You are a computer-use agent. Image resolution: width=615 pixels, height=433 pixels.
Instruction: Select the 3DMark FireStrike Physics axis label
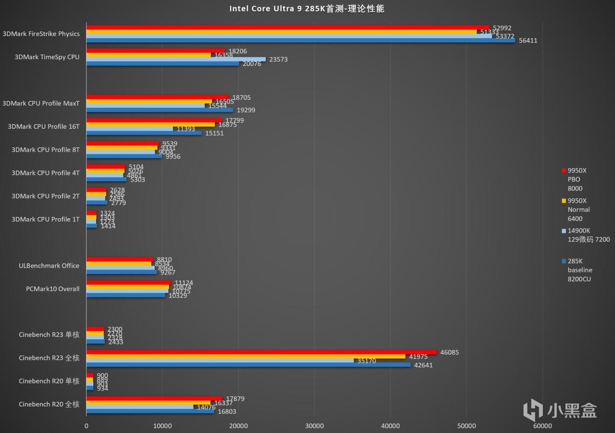pos(41,34)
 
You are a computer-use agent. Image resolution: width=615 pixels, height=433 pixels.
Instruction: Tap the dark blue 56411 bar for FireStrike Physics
pos(300,40)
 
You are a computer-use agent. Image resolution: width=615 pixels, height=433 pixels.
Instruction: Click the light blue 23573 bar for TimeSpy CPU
pos(175,59)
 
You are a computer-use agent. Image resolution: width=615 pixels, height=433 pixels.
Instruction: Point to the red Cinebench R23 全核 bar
pos(261,352)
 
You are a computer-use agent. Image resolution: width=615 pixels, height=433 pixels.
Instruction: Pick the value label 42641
pos(423,365)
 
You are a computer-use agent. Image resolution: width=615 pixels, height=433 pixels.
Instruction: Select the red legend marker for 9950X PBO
pos(563,171)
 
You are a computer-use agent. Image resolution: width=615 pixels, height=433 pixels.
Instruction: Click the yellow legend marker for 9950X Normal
pos(563,201)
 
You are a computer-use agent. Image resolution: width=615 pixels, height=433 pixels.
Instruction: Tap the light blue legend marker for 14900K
pos(563,231)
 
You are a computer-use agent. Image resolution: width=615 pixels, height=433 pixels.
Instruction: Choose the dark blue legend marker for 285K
pos(563,261)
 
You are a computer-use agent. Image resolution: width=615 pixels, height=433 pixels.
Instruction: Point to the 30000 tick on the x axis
pos(314,426)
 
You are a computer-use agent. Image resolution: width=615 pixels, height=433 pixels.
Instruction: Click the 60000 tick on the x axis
pos(542,426)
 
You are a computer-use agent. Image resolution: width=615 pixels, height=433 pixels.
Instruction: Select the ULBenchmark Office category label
pos(49,266)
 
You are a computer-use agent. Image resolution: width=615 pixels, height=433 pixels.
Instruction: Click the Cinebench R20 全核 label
pos(49,404)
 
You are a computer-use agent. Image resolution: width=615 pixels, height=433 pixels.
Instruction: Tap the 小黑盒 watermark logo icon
pos(533,410)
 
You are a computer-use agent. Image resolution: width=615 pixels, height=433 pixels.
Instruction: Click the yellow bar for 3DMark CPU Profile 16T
pos(150,124)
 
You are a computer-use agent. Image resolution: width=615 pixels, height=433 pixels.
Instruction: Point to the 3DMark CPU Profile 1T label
pos(46,219)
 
